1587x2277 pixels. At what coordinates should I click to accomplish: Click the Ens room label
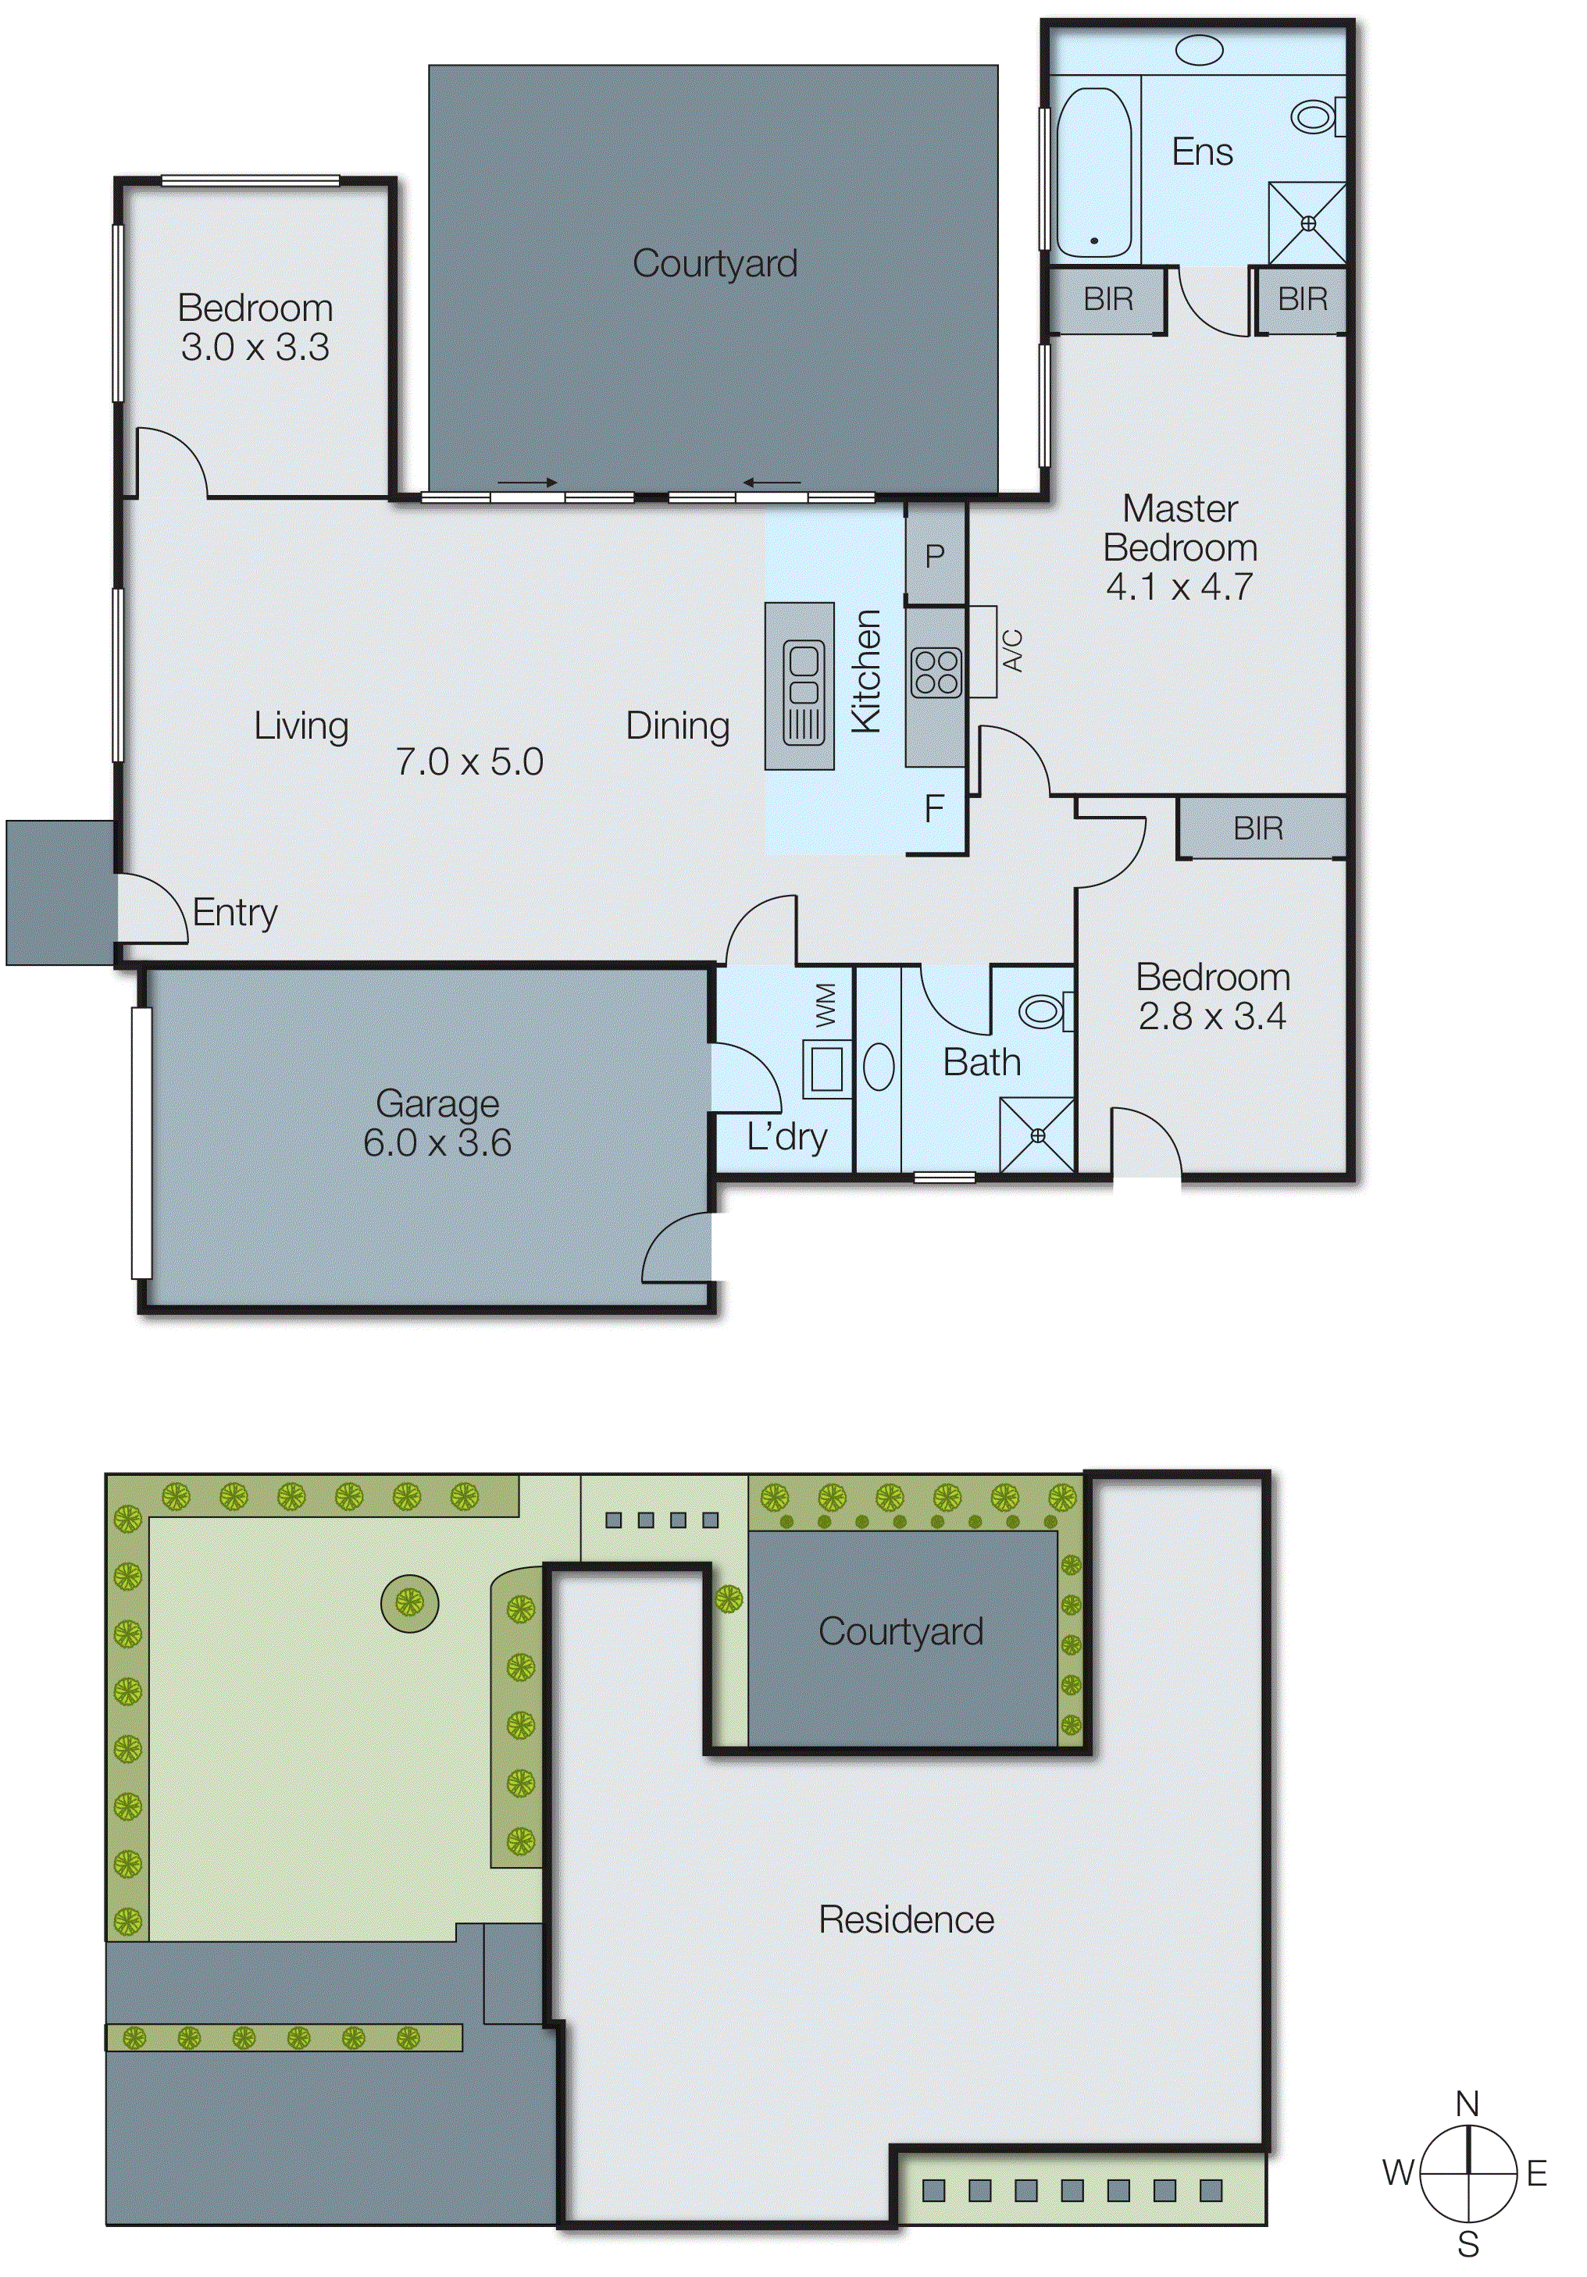point(1201,151)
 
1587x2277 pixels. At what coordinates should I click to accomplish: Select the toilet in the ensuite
point(1316,117)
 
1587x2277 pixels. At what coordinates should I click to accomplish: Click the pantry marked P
point(934,556)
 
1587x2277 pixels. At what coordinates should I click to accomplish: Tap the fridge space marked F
point(933,809)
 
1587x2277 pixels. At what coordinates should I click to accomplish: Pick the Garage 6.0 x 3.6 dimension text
point(437,1142)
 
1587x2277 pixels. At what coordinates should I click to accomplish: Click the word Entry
point(234,912)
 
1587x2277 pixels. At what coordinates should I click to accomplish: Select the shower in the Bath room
point(1036,1135)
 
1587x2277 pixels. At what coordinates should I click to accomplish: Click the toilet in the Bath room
point(1043,1011)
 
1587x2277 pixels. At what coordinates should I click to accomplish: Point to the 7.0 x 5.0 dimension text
point(469,761)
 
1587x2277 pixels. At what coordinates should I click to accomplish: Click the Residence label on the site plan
point(906,1920)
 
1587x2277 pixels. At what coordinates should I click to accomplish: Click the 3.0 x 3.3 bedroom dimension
point(255,347)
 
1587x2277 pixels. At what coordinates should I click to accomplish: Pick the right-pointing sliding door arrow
point(526,483)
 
